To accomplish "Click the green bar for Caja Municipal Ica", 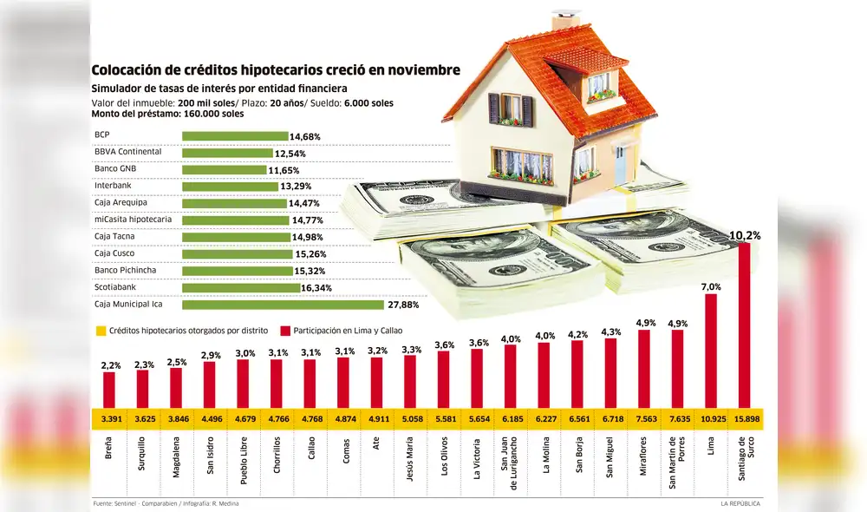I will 283,305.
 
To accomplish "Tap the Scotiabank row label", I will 114,287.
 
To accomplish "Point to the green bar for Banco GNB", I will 224,170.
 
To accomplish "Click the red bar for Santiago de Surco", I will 744,325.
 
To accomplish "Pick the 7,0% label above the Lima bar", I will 711,286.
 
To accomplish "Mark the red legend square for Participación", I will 284,331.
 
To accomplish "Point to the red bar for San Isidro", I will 209,384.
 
